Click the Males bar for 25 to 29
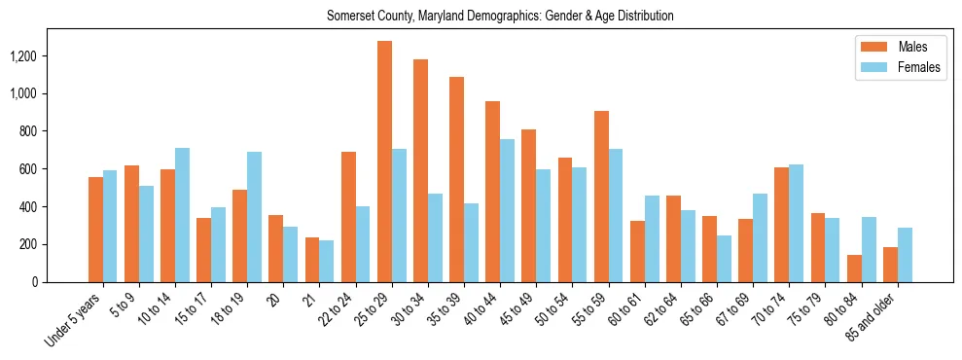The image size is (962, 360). (x=384, y=162)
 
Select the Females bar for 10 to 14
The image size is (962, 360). (x=182, y=215)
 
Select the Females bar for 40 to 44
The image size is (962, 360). (x=507, y=210)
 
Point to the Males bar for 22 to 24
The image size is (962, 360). (x=348, y=217)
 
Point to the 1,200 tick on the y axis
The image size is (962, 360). (x=20, y=56)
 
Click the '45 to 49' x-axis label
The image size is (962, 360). (x=515, y=310)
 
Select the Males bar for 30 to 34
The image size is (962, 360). (x=420, y=170)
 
